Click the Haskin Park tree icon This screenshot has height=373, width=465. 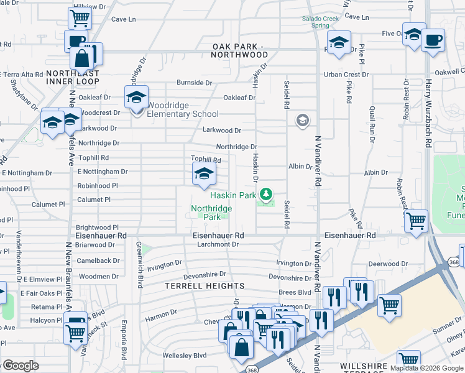pos(267,195)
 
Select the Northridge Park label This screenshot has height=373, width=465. pos(211,213)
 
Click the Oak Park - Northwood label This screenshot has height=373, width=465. pos(240,50)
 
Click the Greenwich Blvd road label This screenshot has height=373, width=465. pos(139,265)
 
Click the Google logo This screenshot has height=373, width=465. pos(21,366)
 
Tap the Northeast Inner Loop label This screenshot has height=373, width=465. pos(73,77)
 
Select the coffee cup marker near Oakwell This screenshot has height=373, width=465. pos(433,41)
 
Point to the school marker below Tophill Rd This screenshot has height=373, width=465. pos(203,177)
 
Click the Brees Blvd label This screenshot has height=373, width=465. pos(295,292)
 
